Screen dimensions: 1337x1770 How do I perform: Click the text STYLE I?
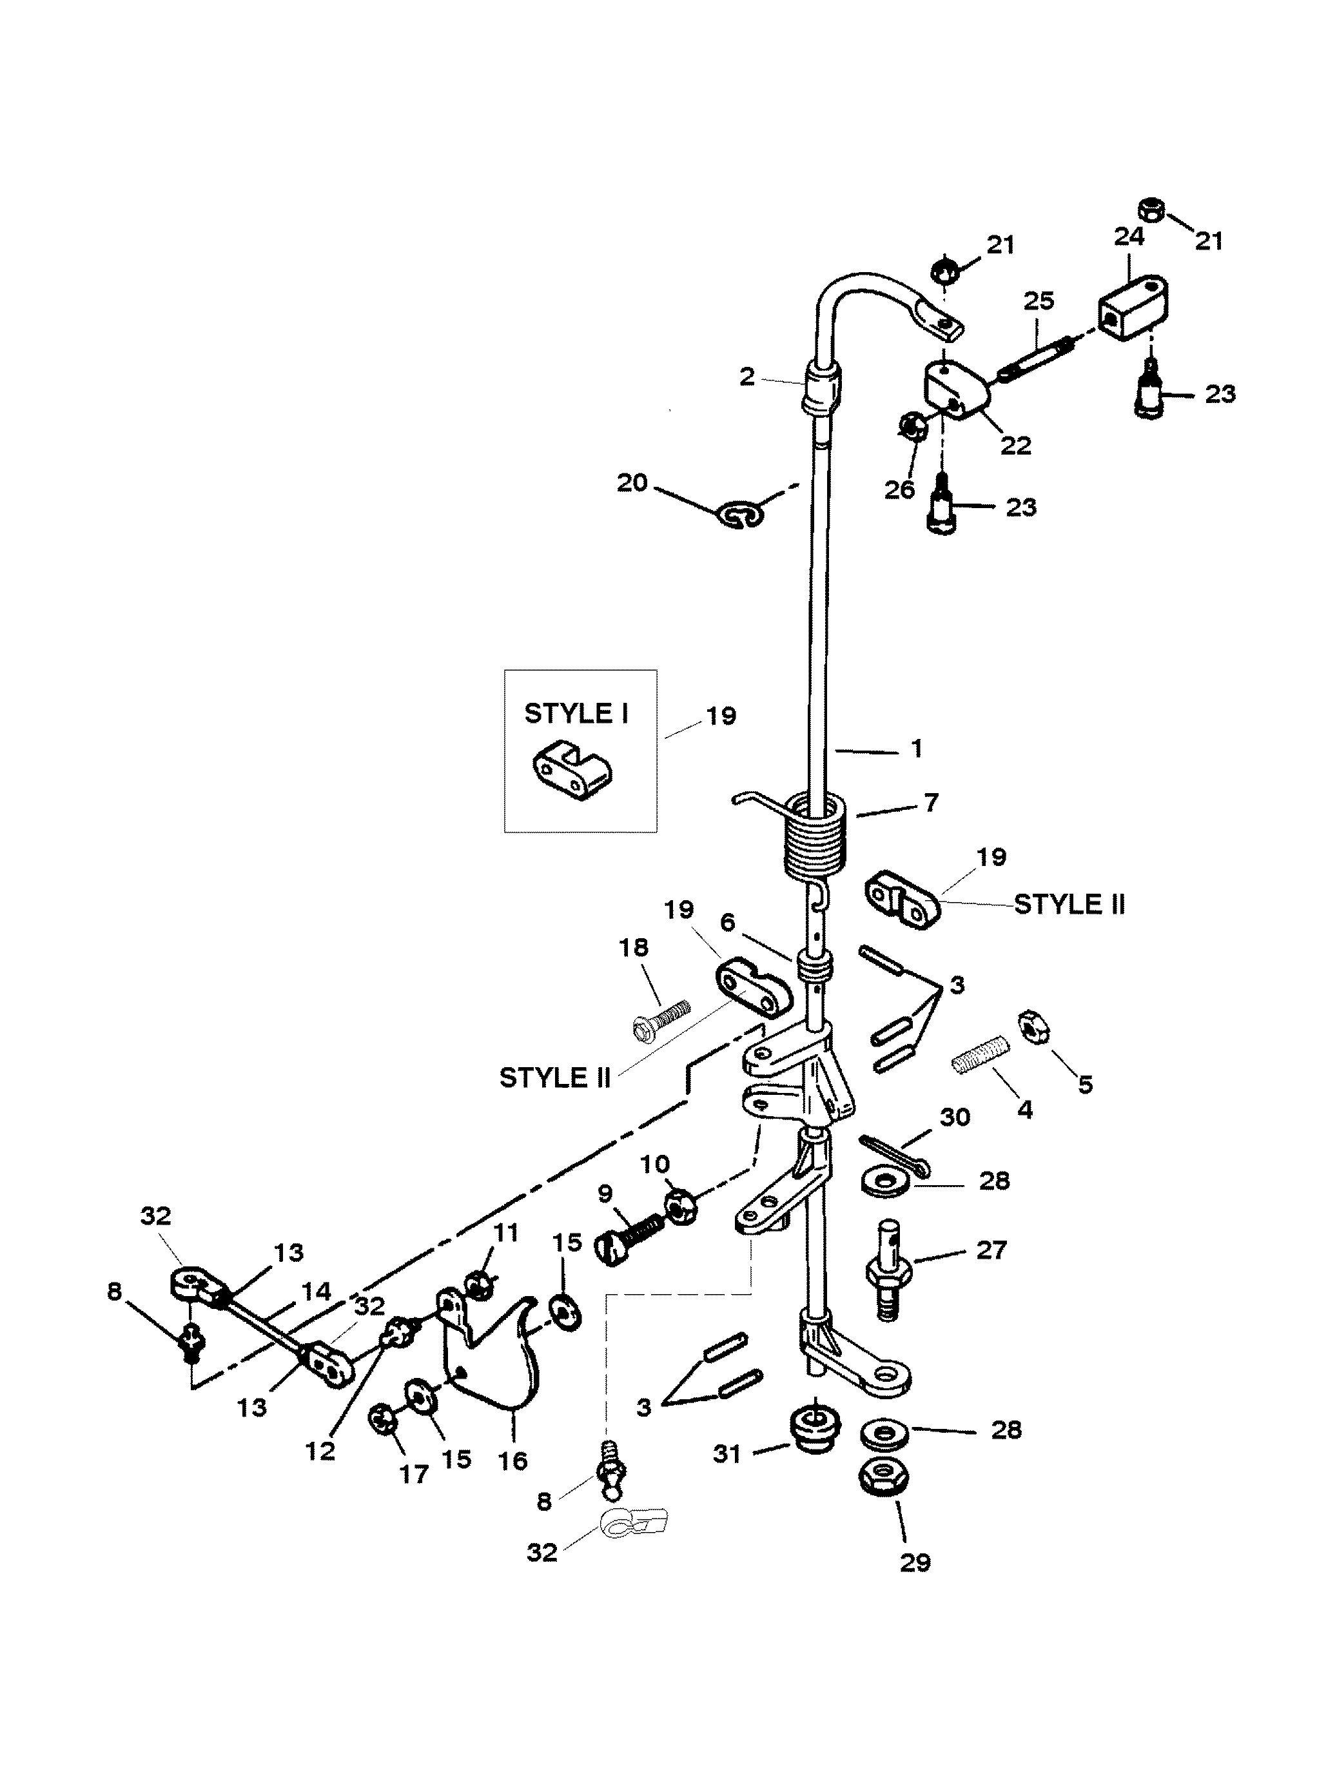[576, 714]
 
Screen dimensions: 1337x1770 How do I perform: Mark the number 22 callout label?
[1016, 444]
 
